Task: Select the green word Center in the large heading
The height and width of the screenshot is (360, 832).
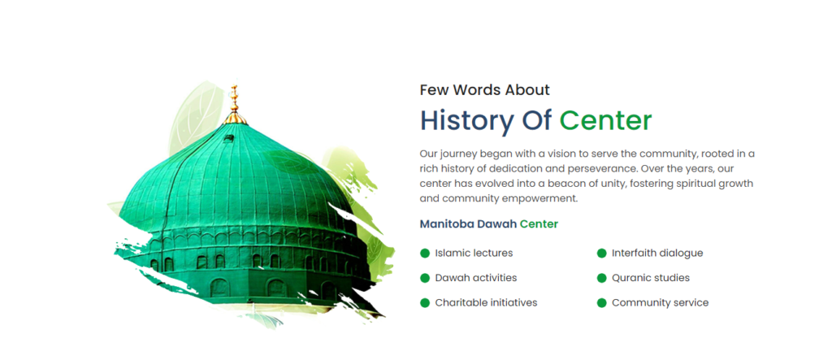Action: pos(605,120)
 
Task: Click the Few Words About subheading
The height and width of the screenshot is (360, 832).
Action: pos(484,89)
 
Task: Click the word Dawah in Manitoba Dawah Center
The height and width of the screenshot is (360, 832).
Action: pos(496,224)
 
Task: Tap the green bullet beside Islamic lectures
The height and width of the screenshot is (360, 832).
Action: pos(424,254)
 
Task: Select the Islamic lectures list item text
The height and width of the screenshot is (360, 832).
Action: pos(474,254)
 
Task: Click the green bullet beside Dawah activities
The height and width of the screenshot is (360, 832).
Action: pos(424,278)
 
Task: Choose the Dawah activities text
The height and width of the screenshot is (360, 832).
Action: pos(476,278)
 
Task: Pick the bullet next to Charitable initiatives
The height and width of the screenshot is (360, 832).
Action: pos(424,302)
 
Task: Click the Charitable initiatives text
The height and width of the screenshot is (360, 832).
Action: pos(486,302)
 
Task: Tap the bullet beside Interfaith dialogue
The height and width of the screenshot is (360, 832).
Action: pos(601,254)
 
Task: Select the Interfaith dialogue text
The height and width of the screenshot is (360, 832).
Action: pos(657,254)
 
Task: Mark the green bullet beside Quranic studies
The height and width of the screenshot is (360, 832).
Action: pos(601,278)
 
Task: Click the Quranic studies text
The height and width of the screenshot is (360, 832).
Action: pos(651,278)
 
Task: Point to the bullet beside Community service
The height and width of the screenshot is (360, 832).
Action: pos(601,302)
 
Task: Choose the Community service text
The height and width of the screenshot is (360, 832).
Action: pos(660,302)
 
